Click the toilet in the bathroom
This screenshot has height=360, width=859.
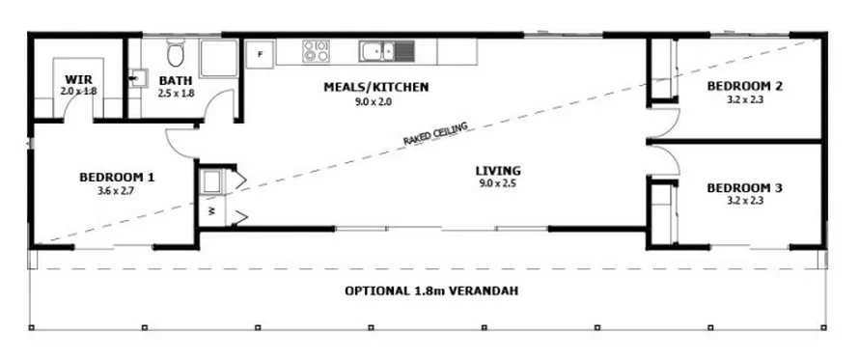coord(176,53)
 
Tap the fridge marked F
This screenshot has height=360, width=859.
coord(260,54)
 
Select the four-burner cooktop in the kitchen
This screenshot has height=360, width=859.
coord(316,51)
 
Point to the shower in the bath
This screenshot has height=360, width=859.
coord(218,58)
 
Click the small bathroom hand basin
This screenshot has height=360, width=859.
coord(137,78)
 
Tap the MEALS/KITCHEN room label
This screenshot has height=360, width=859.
coord(375,87)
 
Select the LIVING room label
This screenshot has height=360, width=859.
coord(498,171)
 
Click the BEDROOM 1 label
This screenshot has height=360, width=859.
coord(117,177)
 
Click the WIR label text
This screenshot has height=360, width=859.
coord(78,79)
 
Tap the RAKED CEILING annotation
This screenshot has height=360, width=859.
coord(435,133)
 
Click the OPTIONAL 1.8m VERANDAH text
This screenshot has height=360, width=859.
coord(431,291)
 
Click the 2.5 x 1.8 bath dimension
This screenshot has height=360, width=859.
coord(176,94)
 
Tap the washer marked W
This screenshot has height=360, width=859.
coord(211,210)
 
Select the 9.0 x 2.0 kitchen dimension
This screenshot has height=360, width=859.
coord(375,101)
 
